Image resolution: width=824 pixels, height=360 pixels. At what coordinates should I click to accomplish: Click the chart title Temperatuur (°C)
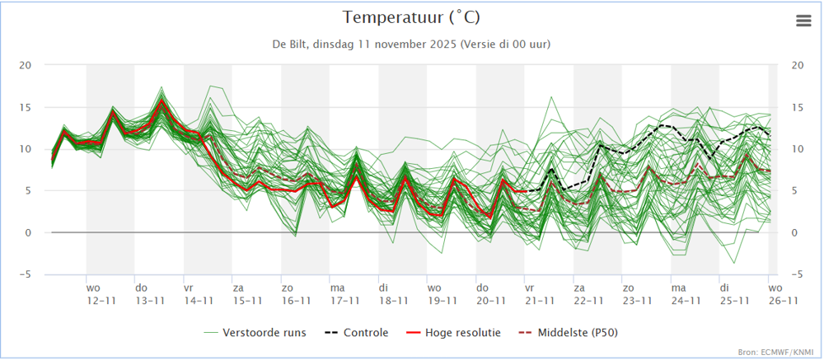pos(411,17)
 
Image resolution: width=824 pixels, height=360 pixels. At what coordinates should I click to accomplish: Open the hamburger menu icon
pos(803,21)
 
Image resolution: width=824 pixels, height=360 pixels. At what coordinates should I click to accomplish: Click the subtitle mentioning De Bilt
pos(411,44)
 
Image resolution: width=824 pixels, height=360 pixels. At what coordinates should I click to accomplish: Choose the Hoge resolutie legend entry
pos(456,333)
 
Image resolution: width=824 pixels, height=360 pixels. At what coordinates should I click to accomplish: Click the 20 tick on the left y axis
pos(26,65)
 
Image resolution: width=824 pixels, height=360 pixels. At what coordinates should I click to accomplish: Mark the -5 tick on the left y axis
pos(26,274)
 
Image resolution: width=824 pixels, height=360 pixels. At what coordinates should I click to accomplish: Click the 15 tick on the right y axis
pos(797,107)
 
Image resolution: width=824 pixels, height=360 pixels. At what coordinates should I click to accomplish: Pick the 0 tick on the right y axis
pos(794,233)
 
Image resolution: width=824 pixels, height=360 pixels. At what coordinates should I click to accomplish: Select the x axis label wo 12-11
pos(101,295)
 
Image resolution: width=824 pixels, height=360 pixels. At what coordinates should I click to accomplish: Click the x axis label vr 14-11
pos(199,295)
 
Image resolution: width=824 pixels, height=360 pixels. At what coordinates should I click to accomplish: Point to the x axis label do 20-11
pos(490,295)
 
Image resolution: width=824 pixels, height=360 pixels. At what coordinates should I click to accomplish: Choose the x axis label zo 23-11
pos(636,295)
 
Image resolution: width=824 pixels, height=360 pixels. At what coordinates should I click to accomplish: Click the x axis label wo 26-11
pos(781,295)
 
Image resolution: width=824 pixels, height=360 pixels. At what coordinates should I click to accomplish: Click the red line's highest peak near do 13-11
pos(162,101)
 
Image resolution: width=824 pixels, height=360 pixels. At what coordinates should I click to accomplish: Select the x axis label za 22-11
pos(588,295)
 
